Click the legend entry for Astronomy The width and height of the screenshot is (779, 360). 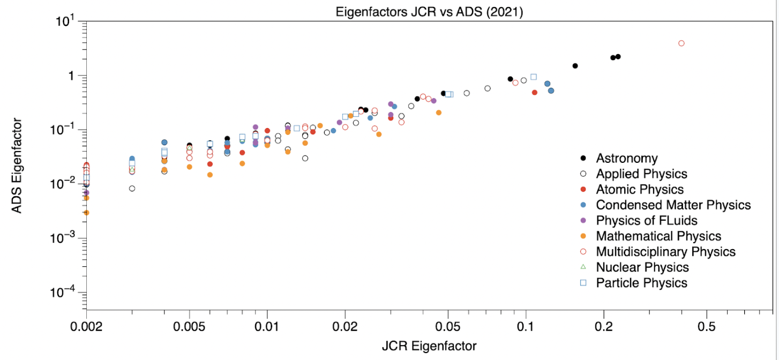pyautogui.click(x=626, y=158)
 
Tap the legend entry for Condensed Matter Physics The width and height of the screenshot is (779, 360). pyautogui.click(x=673, y=205)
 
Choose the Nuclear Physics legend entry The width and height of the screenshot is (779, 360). pyautogui.click(x=642, y=267)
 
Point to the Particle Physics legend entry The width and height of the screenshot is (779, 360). pyautogui.click(x=641, y=282)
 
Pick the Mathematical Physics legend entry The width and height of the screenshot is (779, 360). pyautogui.click(x=658, y=236)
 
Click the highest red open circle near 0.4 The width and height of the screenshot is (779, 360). pyautogui.click(x=681, y=43)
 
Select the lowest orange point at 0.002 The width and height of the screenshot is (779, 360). pyautogui.click(x=86, y=213)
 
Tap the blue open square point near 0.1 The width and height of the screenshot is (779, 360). pyautogui.click(x=534, y=77)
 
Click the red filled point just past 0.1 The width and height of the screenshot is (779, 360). pyautogui.click(x=535, y=93)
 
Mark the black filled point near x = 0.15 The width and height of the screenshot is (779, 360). pyautogui.click(x=575, y=66)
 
